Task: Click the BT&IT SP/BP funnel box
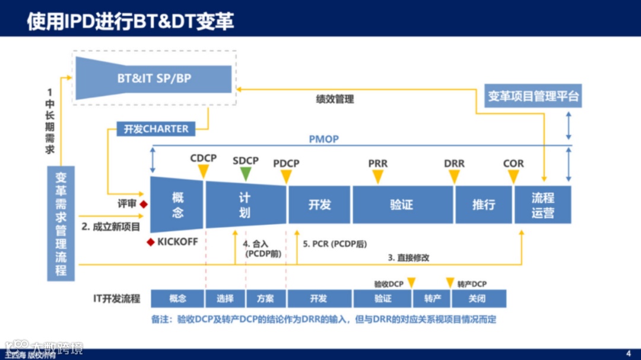[153, 78]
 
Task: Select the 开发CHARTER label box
[156, 129]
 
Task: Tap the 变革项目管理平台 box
[533, 95]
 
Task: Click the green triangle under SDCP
[245, 173]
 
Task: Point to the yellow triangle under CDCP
[203, 171]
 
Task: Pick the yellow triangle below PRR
[377, 176]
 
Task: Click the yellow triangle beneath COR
[513, 176]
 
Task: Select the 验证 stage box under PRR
[401, 205]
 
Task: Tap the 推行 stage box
[483, 205]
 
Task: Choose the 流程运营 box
[542, 205]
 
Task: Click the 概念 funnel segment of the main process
[177, 205]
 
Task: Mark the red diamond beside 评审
[144, 204]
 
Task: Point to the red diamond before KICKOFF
[151, 242]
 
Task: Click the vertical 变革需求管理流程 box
[61, 224]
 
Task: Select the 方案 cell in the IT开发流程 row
[265, 298]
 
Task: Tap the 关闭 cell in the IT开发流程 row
[477, 298]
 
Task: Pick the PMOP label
[323, 139]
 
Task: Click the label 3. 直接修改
[408, 257]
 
